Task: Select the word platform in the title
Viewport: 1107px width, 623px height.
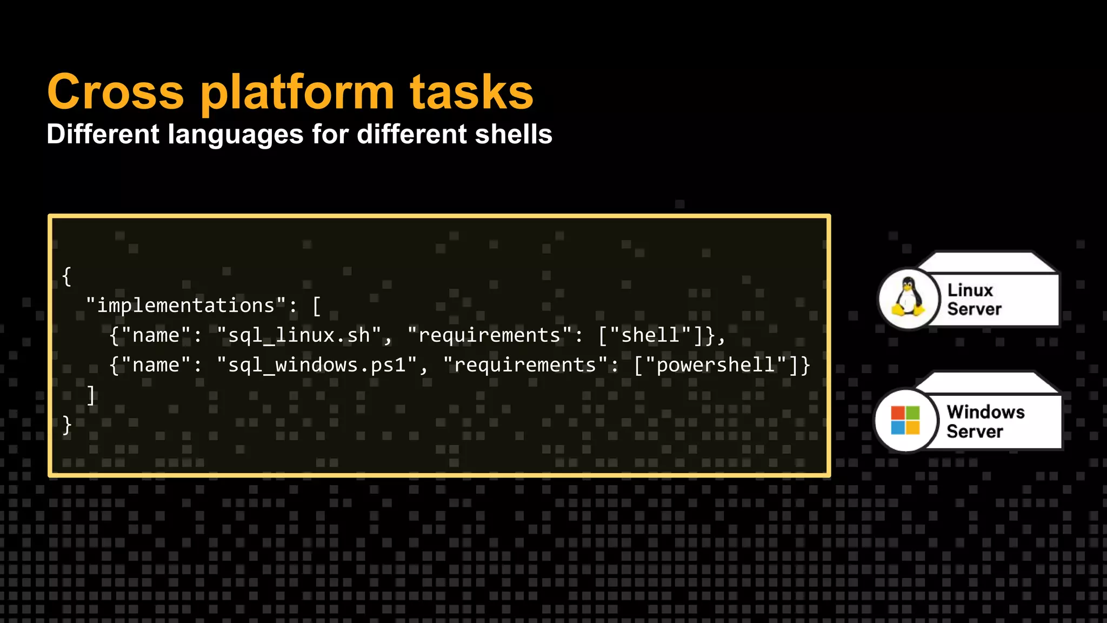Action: tap(297, 93)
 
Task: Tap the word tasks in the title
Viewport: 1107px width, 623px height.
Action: tap(471, 92)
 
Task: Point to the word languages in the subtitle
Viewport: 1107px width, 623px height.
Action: tap(236, 135)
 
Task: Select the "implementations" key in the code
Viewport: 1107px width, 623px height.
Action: tap(186, 306)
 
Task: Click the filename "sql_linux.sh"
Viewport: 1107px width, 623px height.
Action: tap(299, 335)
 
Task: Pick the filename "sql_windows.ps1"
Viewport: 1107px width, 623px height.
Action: tap(317, 365)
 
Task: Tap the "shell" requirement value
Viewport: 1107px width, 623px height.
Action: tap(650, 335)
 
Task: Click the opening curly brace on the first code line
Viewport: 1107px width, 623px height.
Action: tap(66, 276)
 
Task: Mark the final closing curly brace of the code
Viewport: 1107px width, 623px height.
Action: tap(66, 425)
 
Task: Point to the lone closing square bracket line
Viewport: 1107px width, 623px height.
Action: tap(91, 395)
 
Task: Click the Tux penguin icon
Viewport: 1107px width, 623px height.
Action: tap(908, 297)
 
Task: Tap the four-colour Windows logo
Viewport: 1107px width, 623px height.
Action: tap(905, 420)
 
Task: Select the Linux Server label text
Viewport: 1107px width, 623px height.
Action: tap(974, 299)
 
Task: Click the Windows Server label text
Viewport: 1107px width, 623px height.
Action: tap(985, 421)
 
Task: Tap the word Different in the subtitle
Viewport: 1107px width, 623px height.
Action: tap(103, 134)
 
